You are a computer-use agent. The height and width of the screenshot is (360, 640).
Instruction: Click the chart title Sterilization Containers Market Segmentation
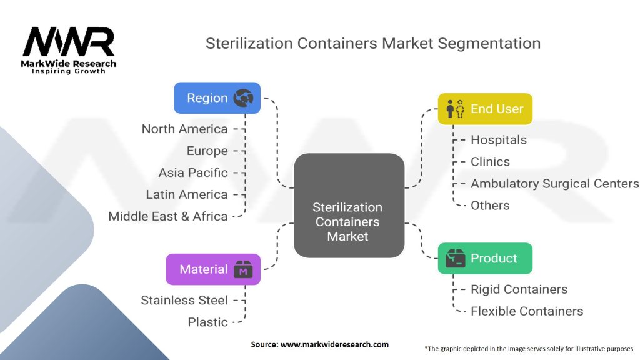click(373, 44)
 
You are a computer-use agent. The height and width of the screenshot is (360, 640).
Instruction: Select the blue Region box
click(217, 98)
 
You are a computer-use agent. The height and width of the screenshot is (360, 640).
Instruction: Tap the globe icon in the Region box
click(242, 98)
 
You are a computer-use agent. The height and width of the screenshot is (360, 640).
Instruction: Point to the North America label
click(184, 129)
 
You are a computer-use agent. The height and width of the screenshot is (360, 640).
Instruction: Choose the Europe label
click(207, 151)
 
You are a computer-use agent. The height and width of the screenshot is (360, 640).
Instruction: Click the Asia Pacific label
click(193, 172)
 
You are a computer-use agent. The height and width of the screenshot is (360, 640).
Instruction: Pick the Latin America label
click(187, 194)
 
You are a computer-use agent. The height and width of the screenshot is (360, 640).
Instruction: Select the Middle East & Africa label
click(168, 216)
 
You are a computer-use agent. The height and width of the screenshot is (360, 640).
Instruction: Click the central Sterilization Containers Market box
click(349, 206)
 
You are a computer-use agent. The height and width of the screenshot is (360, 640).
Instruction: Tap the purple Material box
click(213, 269)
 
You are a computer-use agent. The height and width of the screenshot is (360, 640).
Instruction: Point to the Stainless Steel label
click(184, 300)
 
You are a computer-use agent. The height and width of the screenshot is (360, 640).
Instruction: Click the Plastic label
click(207, 322)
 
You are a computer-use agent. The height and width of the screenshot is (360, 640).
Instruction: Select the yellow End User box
click(485, 109)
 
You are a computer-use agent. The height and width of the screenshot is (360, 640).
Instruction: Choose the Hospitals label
click(499, 140)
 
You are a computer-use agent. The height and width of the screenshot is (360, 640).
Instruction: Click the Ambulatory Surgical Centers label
click(554, 184)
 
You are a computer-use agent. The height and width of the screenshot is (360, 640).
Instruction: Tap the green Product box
click(485, 259)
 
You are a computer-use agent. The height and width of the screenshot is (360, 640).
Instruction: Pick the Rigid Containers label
click(519, 289)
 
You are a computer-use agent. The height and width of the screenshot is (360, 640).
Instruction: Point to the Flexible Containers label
click(527, 311)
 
